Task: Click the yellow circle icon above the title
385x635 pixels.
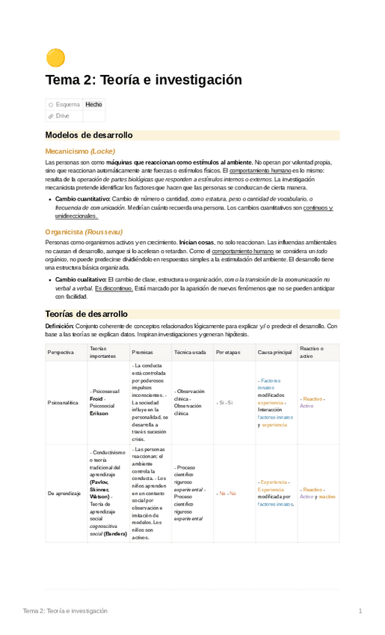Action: [x=55, y=57]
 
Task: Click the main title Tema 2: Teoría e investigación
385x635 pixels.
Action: [x=144, y=80]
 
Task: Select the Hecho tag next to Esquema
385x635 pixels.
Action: [x=93, y=105]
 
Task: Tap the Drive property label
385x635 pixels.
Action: [x=62, y=116]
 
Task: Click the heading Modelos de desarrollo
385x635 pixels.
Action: [x=89, y=136]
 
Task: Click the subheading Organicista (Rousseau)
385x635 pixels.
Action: [x=84, y=232]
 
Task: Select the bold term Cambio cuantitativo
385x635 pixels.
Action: [x=82, y=200]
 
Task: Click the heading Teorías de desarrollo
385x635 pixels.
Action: [x=87, y=314]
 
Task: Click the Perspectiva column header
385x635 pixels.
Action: [x=61, y=352]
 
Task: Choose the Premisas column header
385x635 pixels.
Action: [x=142, y=352]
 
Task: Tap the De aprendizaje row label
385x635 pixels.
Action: [x=64, y=493]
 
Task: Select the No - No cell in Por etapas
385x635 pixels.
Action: [x=226, y=493]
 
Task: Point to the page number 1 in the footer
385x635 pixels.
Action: [x=360, y=611]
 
